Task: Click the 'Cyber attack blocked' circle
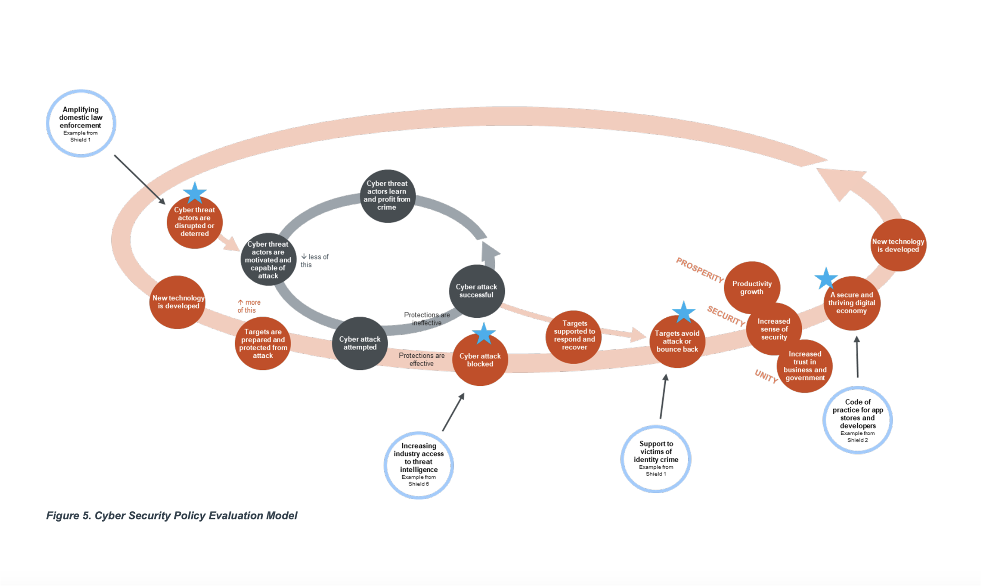click(480, 359)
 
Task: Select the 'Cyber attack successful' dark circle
click(477, 291)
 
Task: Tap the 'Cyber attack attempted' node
click(359, 343)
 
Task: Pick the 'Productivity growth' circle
click(752, 288)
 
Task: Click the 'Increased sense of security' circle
click(774, 329)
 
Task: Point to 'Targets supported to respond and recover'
click(574, 336)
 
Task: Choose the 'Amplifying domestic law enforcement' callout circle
click(81, 123)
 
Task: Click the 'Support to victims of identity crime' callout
click(656, 459)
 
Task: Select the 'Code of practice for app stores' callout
click(858, 420)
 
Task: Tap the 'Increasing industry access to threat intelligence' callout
click(419, 465)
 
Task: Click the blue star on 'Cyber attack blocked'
click(484, 334)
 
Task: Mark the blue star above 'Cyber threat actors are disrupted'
click(195, 193)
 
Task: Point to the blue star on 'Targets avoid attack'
click(683, 312)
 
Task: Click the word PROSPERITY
click(699, 270)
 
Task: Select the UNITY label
click(766, 376)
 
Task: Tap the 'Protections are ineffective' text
click(427, 319)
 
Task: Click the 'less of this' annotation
click(315, 261)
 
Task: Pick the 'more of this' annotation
click(249, 306)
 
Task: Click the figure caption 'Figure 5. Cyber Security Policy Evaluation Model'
click(172, 515)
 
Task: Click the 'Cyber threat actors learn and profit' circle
click(387, 196)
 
